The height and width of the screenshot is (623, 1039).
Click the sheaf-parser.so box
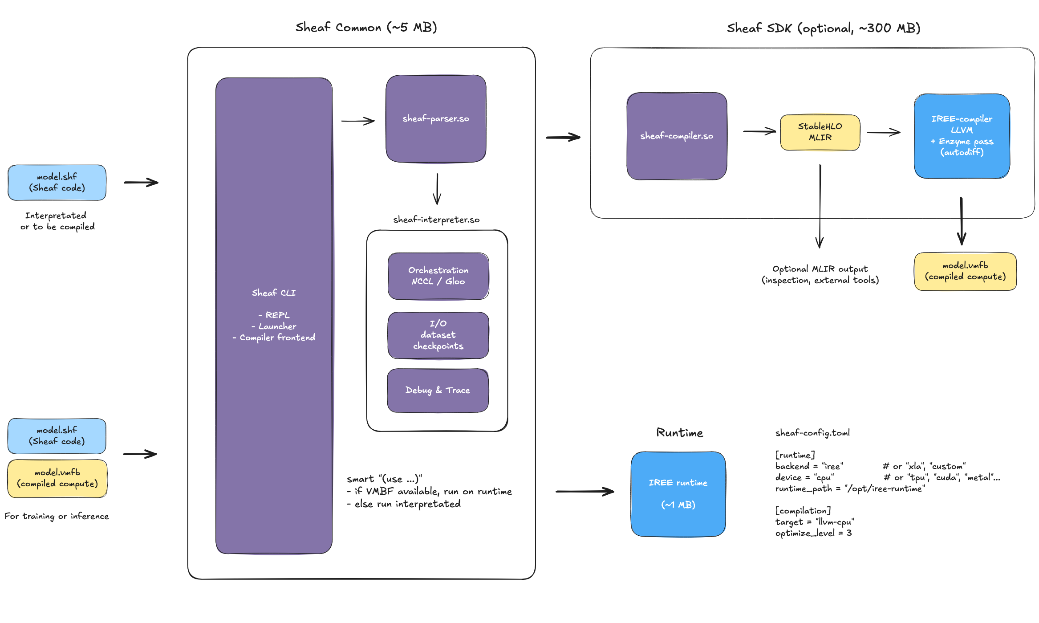pos(436,118)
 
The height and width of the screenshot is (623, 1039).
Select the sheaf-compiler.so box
pos(676,136)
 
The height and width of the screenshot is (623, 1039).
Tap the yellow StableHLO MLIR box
pos(820,132)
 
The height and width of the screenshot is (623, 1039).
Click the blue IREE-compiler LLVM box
pos(962,135)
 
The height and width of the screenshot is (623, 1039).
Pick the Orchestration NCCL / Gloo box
pos(438,276)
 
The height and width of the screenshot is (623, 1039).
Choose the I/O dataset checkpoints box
pos(438,335)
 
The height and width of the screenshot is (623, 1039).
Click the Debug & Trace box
pos(438,390)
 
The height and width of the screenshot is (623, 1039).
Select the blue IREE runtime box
pos(678,493)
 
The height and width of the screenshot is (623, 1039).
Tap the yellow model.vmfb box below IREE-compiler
pos(965,271)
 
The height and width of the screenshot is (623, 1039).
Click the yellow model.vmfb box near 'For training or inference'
pos(57,478)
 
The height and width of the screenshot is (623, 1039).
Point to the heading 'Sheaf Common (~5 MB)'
pos(366,28)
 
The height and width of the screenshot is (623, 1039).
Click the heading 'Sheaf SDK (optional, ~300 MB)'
pos(823,29)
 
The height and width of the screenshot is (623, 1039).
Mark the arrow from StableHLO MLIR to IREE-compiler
pos(883,132)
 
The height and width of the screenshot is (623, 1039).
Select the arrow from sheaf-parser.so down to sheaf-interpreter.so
pos(437,189)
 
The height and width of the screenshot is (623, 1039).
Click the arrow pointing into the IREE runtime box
pos(584,492)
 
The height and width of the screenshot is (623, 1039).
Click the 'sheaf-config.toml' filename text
pos(812,432)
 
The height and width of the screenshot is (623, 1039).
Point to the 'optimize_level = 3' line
pos(813,533)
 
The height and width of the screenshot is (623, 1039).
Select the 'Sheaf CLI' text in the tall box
pos(273,293)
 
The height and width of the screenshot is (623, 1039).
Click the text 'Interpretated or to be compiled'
pos(57,221)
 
